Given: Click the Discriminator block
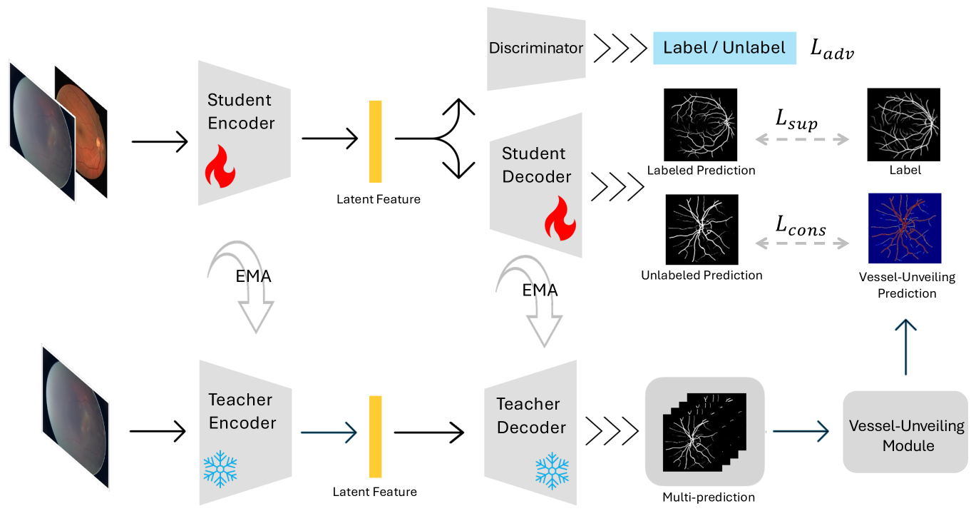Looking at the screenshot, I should tap(536, 49).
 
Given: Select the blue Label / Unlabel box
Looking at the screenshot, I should tap(724, 49).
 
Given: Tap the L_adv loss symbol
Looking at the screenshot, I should tap(831, 49).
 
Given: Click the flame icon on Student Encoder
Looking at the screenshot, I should tap(220, 171).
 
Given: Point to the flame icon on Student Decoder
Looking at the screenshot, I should tap(560, 221).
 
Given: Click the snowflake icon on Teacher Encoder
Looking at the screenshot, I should tap(220, 469).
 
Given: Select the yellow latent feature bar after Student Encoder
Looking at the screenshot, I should tap(375, 141).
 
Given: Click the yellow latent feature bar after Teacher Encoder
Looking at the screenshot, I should tap(375, 436).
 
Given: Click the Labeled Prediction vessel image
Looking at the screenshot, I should tap(700, 125).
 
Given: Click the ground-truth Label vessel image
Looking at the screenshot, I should tap(903, 125).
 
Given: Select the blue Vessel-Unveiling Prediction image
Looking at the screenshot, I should tap(904, 228).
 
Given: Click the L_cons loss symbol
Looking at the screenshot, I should tap(801, 228).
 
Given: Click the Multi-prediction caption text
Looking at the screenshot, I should tap(708, 497).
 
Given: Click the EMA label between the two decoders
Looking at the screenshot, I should tap(540, 290).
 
